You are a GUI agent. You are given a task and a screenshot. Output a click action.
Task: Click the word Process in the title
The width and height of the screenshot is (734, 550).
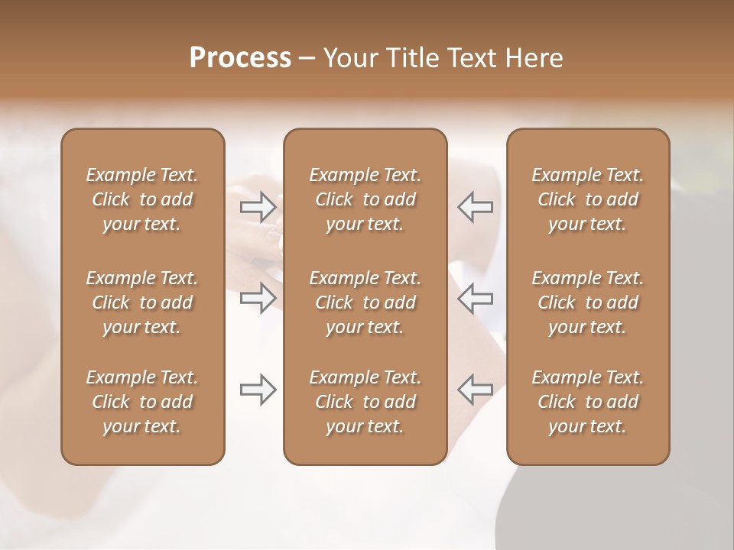click(x=240, y=58)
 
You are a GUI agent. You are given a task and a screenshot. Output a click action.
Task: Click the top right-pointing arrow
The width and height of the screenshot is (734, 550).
click(x=258, y=206)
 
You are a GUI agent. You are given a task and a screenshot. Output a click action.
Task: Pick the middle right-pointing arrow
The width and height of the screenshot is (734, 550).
click(x=258, y=298)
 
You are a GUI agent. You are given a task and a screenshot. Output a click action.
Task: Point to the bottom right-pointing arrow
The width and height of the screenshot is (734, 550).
click(x=258, y=390)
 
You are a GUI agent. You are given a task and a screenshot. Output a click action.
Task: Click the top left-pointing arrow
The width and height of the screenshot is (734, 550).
click(x=475, y=206)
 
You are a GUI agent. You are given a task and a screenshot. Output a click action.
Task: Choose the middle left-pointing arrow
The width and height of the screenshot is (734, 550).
click(x=475, y=298)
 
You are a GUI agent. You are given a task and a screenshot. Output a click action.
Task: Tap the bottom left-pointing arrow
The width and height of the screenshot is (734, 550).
click(x=475, y=390)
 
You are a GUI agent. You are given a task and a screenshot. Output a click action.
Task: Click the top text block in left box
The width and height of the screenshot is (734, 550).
click(x=142, y=199)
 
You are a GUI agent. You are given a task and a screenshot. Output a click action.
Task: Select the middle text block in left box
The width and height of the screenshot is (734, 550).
click(x=142, y=302)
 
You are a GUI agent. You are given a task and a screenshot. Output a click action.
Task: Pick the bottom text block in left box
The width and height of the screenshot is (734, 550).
click(x=142, y=402)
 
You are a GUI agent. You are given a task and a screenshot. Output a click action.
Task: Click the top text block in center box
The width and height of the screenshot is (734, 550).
click(x=365, y=199)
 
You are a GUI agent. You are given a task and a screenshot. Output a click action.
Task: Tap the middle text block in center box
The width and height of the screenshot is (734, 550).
click(x=365, y=302)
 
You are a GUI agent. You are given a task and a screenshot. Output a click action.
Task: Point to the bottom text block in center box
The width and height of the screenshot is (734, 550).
click(x=365, y=402)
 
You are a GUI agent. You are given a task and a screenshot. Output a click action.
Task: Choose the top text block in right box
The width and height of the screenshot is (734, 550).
click(x=588, y=199)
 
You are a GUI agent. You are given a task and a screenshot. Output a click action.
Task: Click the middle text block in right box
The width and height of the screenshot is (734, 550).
click(x=588, y=302)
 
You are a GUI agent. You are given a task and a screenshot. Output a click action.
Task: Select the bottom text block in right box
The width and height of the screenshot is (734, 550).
click(x=588, y=402)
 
